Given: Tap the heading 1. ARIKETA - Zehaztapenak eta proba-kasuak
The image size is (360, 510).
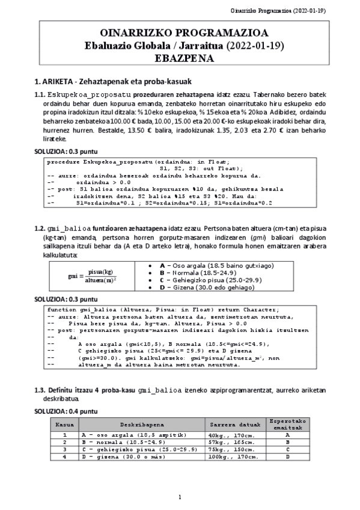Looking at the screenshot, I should coord(112,81).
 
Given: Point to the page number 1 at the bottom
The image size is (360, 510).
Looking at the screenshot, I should coord(180,497).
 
